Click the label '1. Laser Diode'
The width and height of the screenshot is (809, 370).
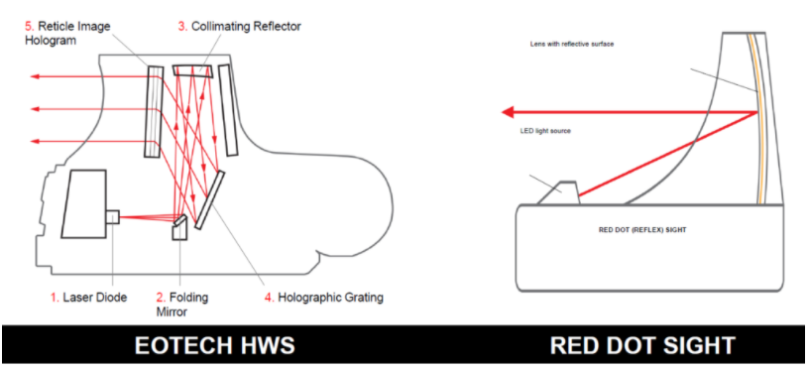[x=88, y=298]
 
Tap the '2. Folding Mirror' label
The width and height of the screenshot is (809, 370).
[x=182, y=304]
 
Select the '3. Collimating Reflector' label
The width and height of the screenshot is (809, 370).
[x=240, y=27]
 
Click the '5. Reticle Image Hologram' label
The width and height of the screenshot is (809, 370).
[x=67, y=33]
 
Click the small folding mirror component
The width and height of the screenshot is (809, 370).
[x=179, y=228]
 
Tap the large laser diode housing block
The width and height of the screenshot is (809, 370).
[x=83, y=203]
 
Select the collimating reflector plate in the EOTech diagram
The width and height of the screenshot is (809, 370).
[x=193, y=70]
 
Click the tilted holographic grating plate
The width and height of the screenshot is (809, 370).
[x=210, y=199]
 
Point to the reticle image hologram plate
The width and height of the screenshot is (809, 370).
[x=154, y=111]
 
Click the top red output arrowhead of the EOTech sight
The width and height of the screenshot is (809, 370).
[x=35, y=77]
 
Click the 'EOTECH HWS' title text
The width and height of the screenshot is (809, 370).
[x=214, y=346]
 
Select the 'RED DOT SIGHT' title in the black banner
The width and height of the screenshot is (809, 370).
[x=642, y=346]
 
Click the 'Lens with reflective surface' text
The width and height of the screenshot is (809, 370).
[x=572, y=44]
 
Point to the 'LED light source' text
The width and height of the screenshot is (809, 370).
[x=545, y=131]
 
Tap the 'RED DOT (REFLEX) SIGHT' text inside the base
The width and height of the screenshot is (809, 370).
[x=642, y=229]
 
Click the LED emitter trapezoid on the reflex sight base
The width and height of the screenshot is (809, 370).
[x=559, y=192]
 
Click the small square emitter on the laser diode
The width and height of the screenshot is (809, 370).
[x=113, y=216]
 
